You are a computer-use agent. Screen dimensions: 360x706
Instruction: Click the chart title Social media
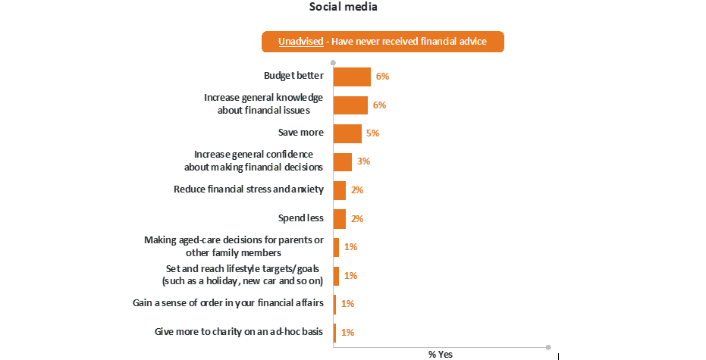tap(344, 8)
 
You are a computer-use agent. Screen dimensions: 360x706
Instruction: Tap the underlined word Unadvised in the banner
tap(300, 42)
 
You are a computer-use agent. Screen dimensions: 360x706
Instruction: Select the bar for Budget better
tap(352, 77)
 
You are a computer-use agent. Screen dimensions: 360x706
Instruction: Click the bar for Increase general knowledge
tap(350, 105)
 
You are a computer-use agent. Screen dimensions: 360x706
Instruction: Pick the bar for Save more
tap(347, 133)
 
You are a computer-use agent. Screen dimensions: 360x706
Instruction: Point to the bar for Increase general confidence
tap(343, 161)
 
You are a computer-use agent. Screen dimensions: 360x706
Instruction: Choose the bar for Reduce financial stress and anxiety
tap(340, 190)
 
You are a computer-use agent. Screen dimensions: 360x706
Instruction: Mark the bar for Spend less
tap(340, 218)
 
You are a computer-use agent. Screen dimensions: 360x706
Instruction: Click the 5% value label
tap(372, 133)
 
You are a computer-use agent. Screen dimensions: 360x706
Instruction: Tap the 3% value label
tap(363, 161)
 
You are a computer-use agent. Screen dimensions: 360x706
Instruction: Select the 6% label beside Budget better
tap(382, 77)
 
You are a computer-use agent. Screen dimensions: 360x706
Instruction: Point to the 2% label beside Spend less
tap(357, 218)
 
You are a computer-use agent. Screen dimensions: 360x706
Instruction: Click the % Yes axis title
tap(441, 354)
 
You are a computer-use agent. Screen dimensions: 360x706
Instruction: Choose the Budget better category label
tap(293, 77)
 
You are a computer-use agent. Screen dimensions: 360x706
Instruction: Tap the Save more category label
tap(301, 133)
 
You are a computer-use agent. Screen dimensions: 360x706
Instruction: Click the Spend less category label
tap(301, 218)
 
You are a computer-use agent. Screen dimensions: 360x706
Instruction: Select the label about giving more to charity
tap(238, 332)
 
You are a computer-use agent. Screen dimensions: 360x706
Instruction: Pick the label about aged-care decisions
tap(234, 246)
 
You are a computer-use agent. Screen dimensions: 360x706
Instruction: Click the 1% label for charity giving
tap(348, 332)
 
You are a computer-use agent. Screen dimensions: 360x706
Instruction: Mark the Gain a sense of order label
tap(228, 304)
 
